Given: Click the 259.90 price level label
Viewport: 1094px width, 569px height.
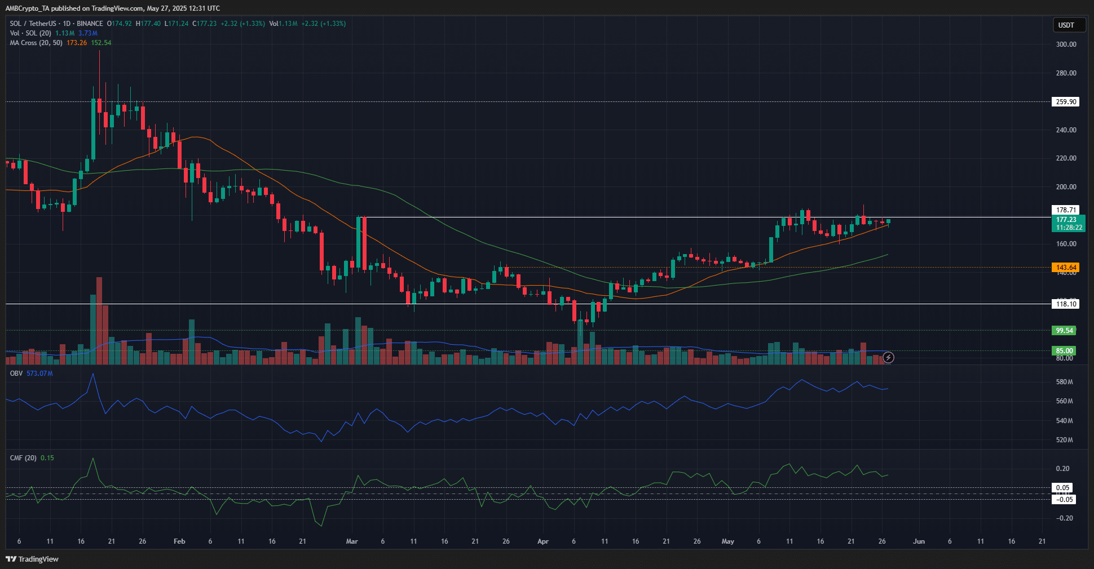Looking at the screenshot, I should [1066, 102].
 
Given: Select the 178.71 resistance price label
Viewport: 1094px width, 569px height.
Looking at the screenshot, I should [1066, 210].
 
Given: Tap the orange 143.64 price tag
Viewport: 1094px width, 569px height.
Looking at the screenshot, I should [1066, 268].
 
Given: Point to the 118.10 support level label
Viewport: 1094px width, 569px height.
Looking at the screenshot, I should [1066, 304].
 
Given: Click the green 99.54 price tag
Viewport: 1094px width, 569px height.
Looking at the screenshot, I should [1064, 331].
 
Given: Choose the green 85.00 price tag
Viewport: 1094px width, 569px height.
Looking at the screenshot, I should [1064, 350].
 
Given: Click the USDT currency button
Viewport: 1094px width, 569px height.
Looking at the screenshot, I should [1066, 25].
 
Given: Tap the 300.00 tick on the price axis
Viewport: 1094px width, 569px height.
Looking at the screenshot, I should [1066, 45].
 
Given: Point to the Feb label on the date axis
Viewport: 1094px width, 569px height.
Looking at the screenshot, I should [179, 541].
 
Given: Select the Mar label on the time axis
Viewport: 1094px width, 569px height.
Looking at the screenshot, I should [352, 541].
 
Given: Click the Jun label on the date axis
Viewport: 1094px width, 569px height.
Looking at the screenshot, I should [919, 541].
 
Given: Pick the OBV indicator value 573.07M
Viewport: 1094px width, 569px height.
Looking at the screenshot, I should [39, 374].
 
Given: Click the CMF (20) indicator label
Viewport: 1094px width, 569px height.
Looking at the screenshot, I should [23, 458].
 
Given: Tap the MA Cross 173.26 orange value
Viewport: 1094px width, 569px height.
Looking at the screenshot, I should [77, 43].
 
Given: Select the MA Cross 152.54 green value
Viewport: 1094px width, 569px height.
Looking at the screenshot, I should [102, 43].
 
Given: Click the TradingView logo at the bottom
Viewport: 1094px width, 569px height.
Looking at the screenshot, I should [32, 559].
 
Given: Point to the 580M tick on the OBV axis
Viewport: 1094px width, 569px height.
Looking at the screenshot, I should [1064, 382].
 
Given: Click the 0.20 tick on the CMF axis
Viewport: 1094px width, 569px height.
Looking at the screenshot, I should [1062, 469].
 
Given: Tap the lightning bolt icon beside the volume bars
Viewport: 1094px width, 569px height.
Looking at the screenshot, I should [888, 357].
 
